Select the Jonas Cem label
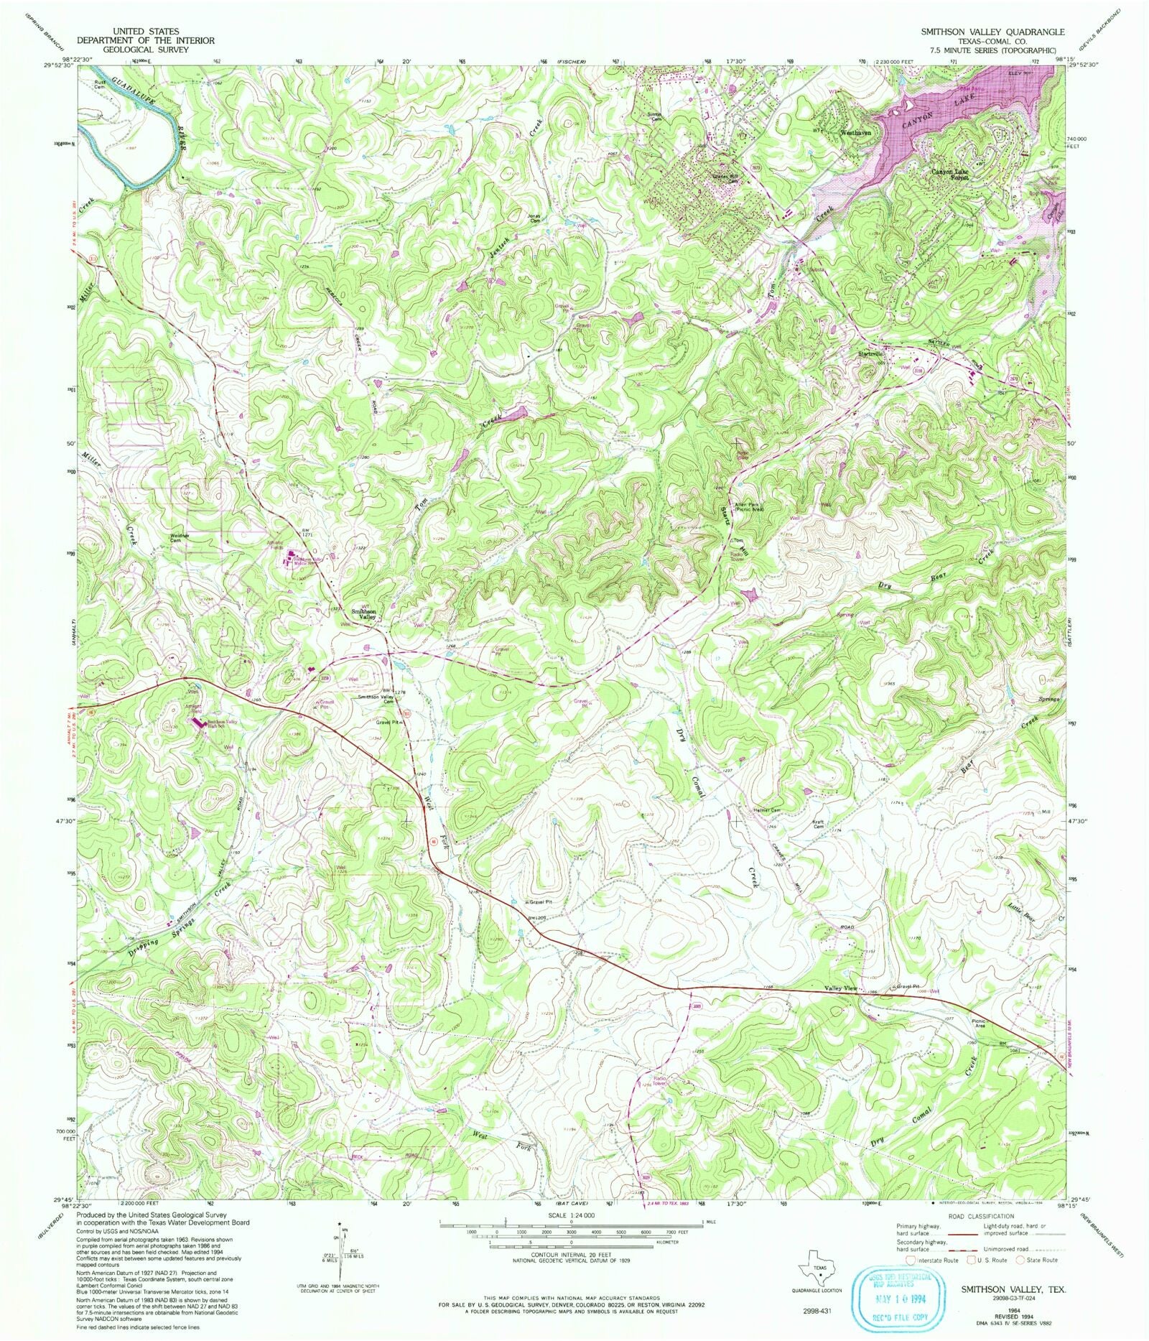coord(534,218)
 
